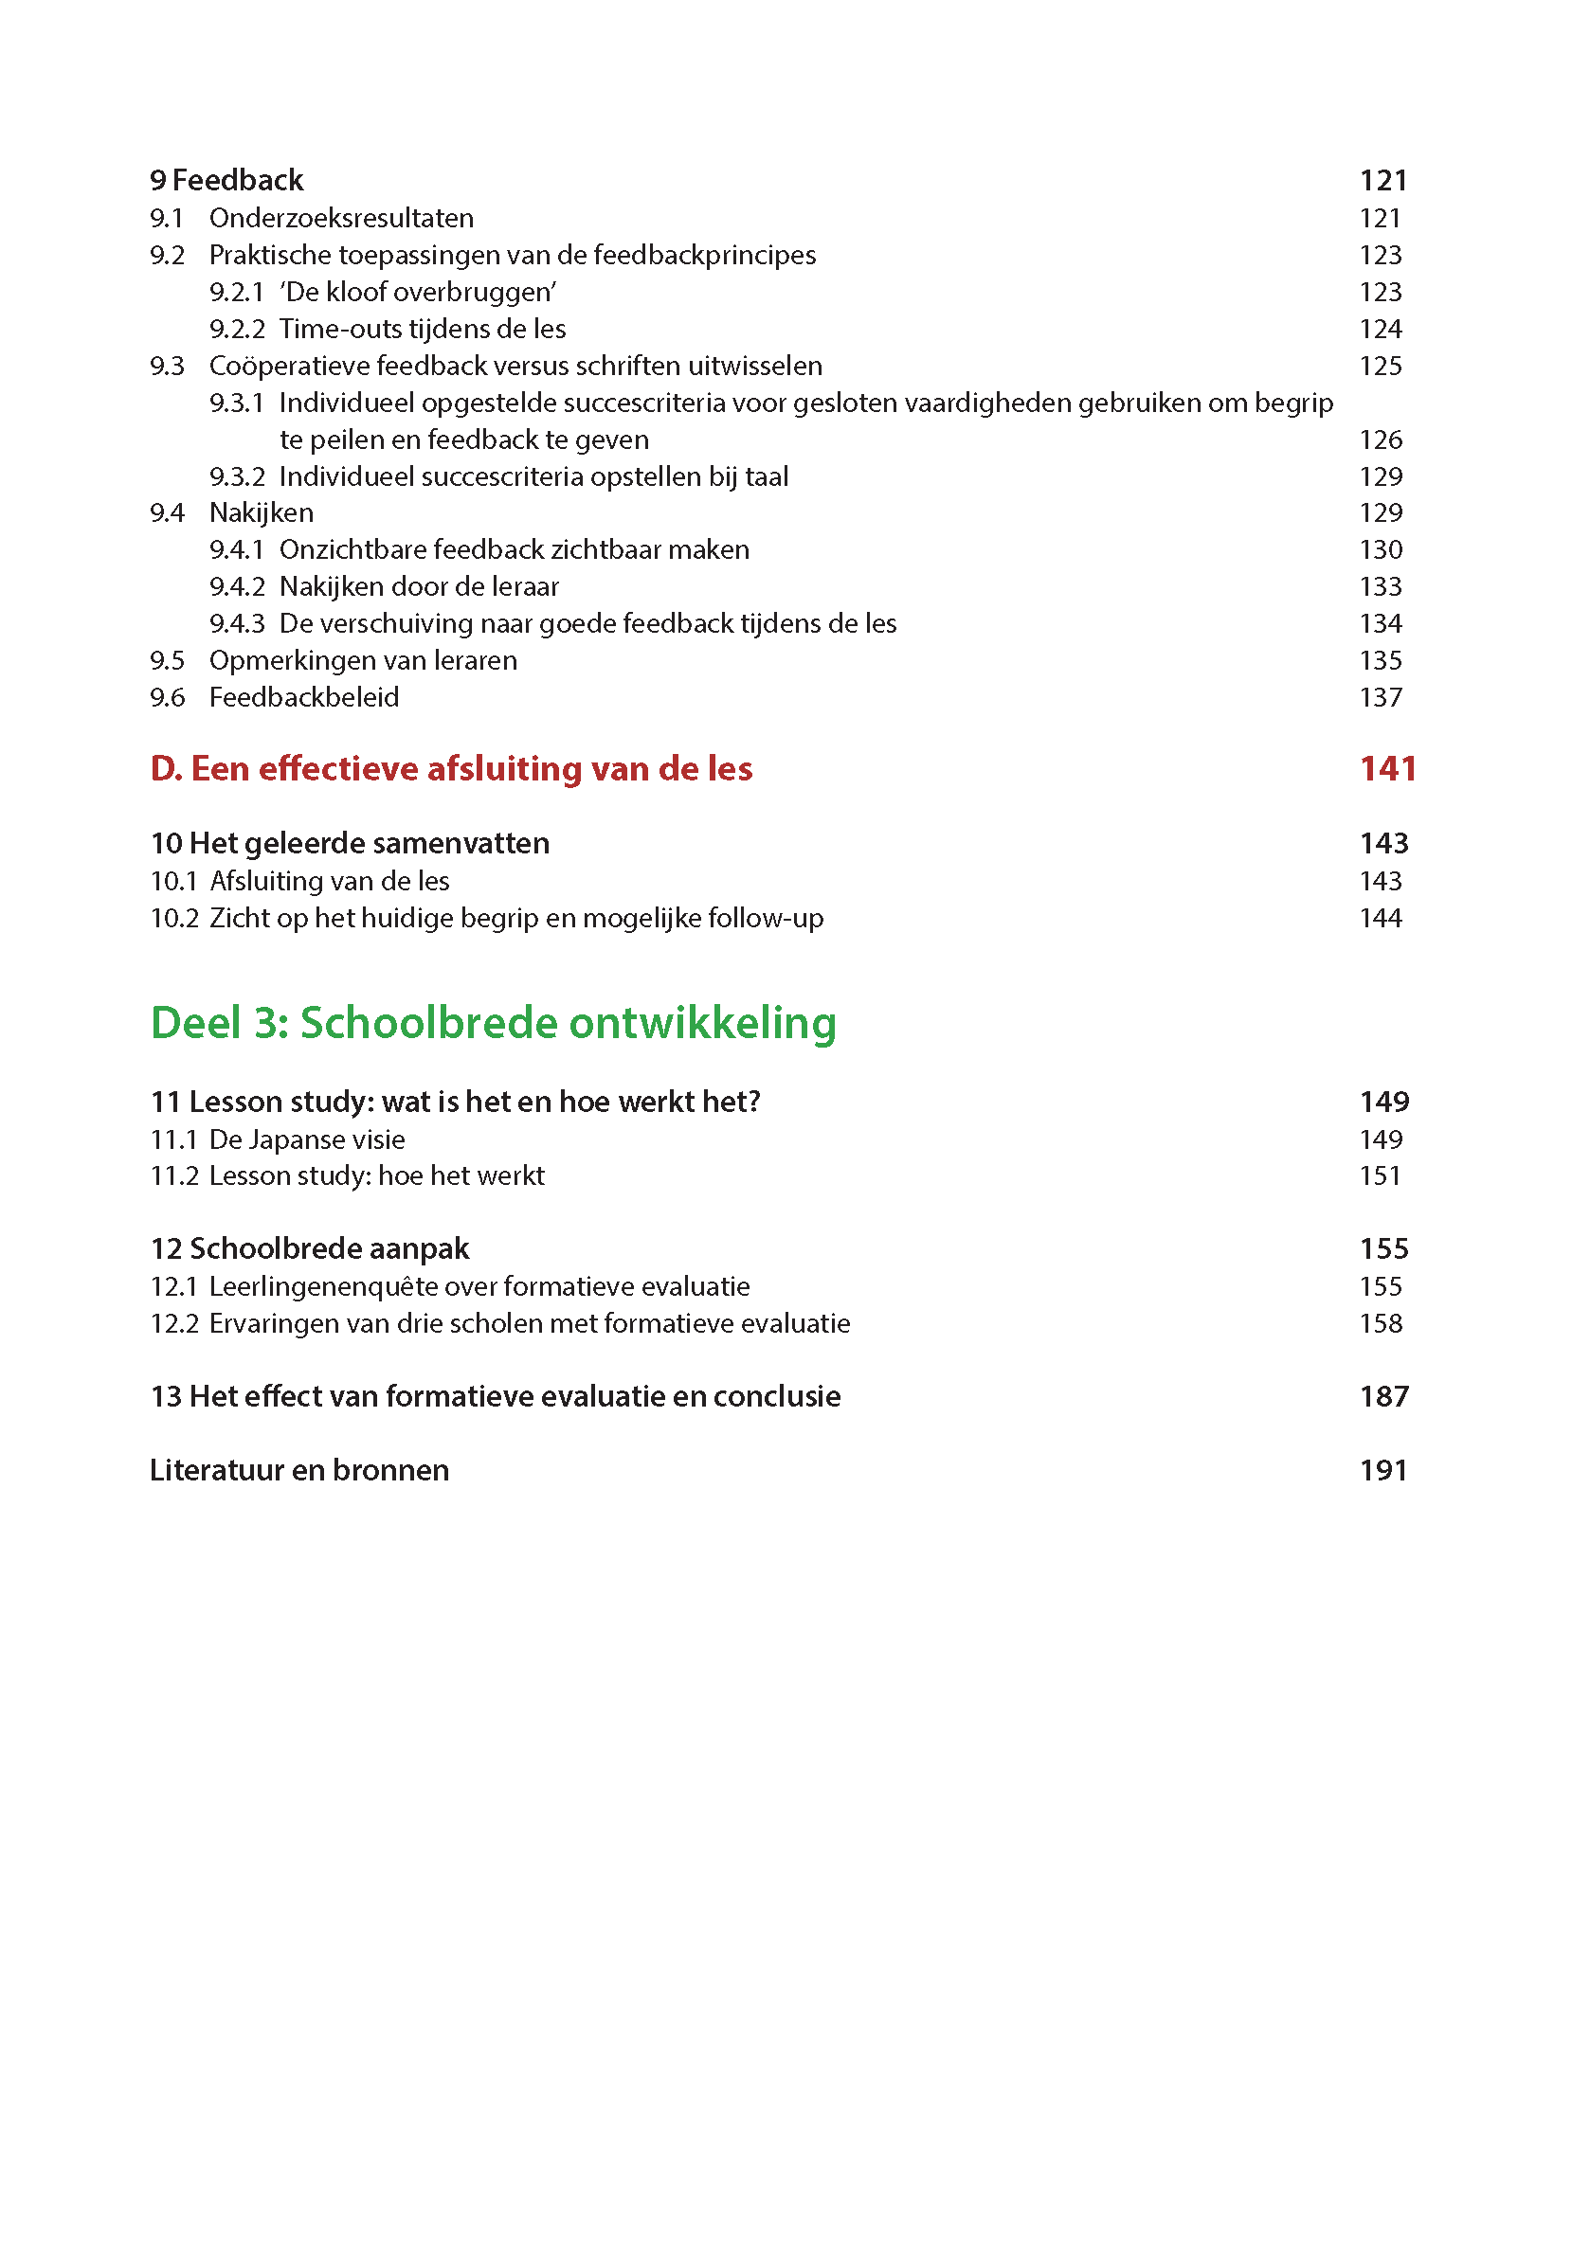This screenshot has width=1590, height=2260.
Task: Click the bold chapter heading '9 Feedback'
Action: click(x=226, y=180)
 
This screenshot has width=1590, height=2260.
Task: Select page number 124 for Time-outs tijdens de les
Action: click(x=1381, y=329)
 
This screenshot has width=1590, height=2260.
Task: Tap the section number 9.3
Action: click(x=168, y=367)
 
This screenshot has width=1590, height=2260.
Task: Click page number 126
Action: click(x=1381, y=440)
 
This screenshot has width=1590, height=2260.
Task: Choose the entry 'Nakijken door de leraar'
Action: click(x=419, y=586)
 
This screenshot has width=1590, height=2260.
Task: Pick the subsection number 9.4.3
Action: click(x=237, y=624)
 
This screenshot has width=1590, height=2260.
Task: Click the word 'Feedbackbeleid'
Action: click(x=304, y=698)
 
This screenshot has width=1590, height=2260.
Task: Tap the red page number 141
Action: click(x=1387, y=769)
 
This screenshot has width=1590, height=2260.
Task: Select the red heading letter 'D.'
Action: click(x=167, y=769)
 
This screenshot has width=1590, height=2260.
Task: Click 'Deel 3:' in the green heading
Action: click(x=220, y=1023)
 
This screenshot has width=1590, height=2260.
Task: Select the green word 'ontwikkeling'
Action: click(x=703, y=1023)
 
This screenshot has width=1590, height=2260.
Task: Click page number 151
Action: click(x=1380, y=1176)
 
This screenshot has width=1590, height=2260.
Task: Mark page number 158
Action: click(x=1381, y=1324)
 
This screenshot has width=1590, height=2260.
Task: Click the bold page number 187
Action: click(x=1383, y=1397)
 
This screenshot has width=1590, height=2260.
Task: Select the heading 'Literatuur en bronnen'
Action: click(x=299, y=1471)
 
